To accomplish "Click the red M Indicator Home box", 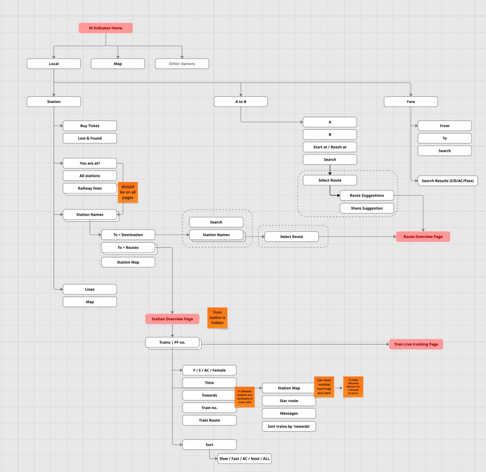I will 106,28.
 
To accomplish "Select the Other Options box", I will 182,64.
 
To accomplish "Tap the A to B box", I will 241,101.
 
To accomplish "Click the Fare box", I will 411,101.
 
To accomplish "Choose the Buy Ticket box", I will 90,126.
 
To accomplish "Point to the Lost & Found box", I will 90,138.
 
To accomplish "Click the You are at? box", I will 90,163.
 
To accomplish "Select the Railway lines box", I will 90,188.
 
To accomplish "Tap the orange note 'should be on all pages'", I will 128,192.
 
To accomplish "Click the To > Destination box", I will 128,235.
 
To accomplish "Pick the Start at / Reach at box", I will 330,147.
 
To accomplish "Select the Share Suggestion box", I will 366,208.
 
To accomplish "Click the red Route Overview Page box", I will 423,236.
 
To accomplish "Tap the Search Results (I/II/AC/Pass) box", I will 448,181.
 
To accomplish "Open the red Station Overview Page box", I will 172,319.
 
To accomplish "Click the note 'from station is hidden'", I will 217,318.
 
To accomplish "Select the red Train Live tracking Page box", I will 416,344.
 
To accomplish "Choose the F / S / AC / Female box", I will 209,370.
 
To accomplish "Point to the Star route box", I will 289,400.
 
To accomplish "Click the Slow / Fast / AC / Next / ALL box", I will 244,459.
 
